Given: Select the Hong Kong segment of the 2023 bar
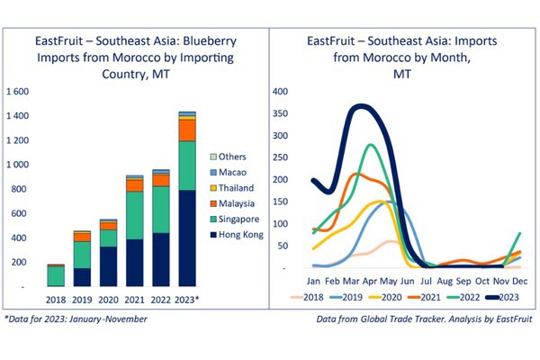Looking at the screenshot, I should pyautogui.click(x=187, y=238).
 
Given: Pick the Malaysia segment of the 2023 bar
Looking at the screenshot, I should pyautogui.click(x=187, y=130).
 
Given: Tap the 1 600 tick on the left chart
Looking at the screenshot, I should pyautogui.click(x=18, y=92).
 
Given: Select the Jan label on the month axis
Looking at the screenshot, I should pyautogui.click(x=313, y=282).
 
